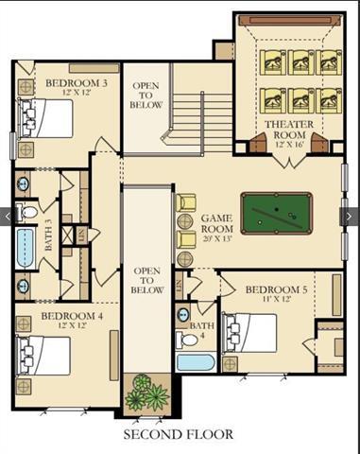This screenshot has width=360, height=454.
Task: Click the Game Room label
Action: pyautogui.click(x=217, y=223)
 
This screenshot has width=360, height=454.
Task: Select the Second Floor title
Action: pyautogui.click(x=180, y=434)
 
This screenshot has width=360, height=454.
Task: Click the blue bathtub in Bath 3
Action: pyautogui.click(x=24, y=244)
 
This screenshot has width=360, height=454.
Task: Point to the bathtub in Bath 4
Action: pyautogui.click(x=196, y=361)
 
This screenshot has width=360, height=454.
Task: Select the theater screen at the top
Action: pyautogui.click(x=288, y=20)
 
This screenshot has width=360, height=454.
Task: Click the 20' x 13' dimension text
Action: pyautogui.click(x=217, y=236)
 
